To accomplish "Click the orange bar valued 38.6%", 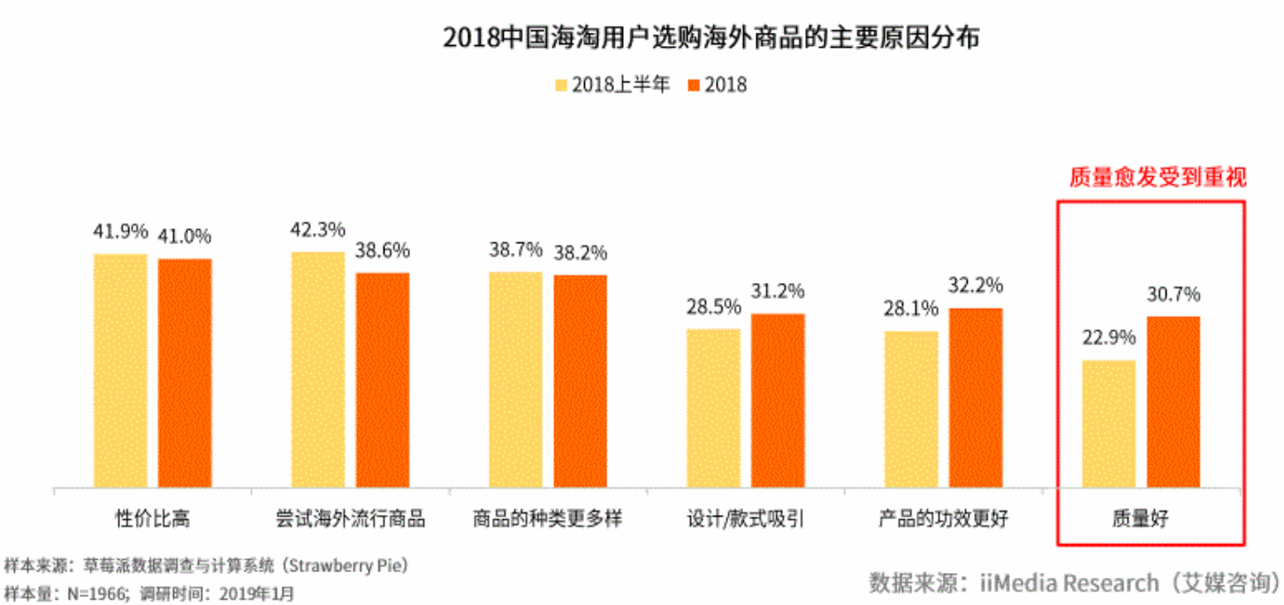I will (383, 379).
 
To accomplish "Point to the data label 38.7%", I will (515, 250).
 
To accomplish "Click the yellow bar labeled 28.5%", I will (713, 408).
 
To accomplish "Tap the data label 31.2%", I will (778, 292).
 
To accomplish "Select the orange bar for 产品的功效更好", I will (976, 397).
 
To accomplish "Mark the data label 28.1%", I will (911, 310).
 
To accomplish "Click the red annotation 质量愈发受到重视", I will (1157, 178).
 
